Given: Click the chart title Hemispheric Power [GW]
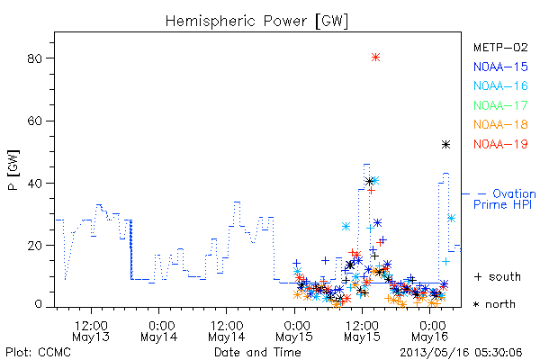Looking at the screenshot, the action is (x=256, y=21).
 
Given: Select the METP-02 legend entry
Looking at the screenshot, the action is (x=500, y=47).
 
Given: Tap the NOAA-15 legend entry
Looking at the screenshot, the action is (x=500, y=67).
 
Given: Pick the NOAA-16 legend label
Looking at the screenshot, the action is (x=500, y=85).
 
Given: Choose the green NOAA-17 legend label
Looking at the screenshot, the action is (x=500, y=105).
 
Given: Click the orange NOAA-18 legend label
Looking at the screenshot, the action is (x=500, y=124).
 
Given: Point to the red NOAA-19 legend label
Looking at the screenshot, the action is (x=500, y=144).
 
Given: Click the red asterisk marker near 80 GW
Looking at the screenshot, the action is (x=375, y=58).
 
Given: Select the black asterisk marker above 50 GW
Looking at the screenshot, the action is (x=446, y=145).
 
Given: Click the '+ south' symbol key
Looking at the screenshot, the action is (x=498, y=276).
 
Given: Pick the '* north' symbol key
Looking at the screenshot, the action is (x=494, y=304).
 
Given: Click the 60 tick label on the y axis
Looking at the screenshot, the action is (x=34, y=121).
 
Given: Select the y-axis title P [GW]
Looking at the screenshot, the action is (x=13, y=170).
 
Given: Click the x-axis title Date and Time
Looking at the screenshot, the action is (x=257, y=352).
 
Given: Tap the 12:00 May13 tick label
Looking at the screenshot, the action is (x=91, y=331).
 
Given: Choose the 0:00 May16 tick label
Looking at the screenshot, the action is (x=430, y=331).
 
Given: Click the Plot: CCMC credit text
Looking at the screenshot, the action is (x=38, y=353).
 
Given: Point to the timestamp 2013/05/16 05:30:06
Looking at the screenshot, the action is (x=461, y=353).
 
